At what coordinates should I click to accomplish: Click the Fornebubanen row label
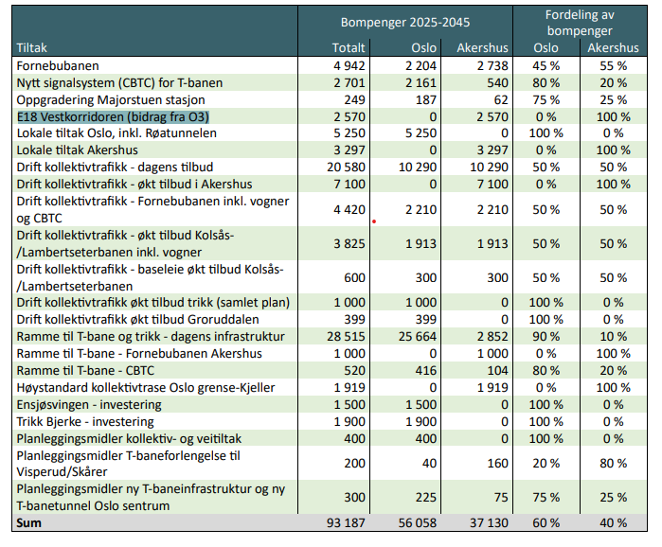pyautogui.click(x=58, y=66)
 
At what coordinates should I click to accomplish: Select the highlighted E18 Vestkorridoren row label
pyautogui.click(x=113, y=116)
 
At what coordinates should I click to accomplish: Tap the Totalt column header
pyautogui.click(x=349, y=47)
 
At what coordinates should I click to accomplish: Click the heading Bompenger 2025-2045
pyautogui.click(x=405, y=23)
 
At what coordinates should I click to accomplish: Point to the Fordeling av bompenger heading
pyautogui.click(x=580, y=23)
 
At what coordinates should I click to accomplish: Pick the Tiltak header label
pyautogui.click(x=31, y=47)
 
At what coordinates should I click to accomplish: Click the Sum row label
pyautogui.click(x=28, y=523)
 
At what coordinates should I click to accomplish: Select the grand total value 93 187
pyautogui.click(x=346, y=523)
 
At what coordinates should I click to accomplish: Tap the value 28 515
pyautogui.click(x=346, y=337)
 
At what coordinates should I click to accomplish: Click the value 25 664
pyautogui.click(x=418, y=337)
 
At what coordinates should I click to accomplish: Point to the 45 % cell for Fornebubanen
pyautogui.click(x=546, y=66)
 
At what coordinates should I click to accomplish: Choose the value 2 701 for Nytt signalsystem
pyautogui.click(x=349, y=82)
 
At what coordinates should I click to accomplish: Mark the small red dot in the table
pyautogui.click(x=374, y=221)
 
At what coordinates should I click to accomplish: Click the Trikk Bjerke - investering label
pyautogui.click(x=85, y=422)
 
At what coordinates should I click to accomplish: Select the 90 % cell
pyautogui.click(x=546, y=337)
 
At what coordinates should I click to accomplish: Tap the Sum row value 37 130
pyautogui.click(x=489, y=523)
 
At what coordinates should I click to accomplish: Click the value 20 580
pyautogui.click(x=346, y=167)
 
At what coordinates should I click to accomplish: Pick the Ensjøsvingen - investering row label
pyautogui.click(x=89, y=405)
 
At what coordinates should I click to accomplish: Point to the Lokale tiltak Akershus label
pyautogui.click(x=78, y=150)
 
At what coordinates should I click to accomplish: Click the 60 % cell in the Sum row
pyautogui.click(x=546, y=523)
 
